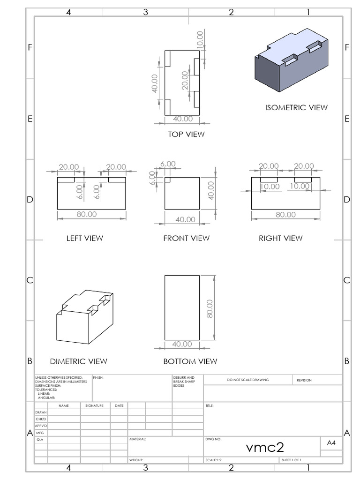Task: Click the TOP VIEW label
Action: [187, 134]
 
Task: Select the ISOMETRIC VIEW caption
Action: [296, 107]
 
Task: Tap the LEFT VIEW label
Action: [84, 238]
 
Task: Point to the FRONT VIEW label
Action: [186, 238]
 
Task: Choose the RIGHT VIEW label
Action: [281, 238]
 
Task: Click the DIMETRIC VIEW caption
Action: [78, 361]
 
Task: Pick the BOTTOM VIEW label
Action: [190, 361]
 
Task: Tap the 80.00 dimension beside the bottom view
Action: [209, 308]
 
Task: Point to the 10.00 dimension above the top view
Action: [200, 40]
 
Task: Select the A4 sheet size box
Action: [331, 442]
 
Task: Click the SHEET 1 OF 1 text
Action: [291, 460]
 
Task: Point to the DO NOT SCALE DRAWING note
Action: [247, 380]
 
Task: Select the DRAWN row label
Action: [41, 412]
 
